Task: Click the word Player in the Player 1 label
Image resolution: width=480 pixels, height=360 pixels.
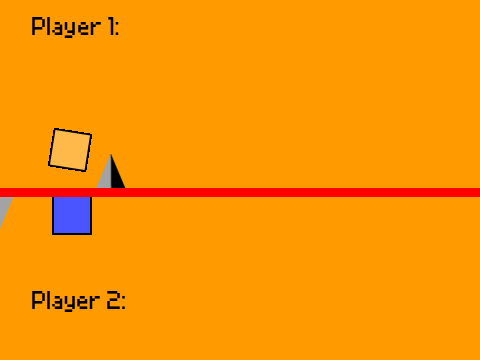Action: (x=66, y=27)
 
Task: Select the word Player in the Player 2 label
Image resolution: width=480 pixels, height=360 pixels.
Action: (x=66, y=301)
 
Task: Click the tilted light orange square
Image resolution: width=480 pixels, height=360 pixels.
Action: (x=70, y=150)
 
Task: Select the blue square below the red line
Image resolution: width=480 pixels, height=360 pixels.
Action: (x=72, y=215)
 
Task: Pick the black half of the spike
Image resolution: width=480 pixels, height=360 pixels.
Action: (x=117, y=175)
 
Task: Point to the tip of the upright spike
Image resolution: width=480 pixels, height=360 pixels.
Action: (x=111, y=154)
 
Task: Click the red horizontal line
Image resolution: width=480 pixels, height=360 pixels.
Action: (x=240, y=192)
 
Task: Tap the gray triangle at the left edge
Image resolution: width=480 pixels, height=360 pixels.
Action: (x=4, y=207)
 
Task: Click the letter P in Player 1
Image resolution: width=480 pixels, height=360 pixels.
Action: (x=37, y=26)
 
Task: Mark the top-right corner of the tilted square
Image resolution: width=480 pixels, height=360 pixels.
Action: (x=91, y=135)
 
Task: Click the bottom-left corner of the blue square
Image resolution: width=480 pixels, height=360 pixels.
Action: (x=53, y=234)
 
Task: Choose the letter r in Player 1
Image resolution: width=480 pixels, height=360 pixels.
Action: (x=95, y=29)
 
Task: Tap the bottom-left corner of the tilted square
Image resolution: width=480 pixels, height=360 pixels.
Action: (x=49, y=165)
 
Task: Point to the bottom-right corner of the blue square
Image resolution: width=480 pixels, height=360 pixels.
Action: (x=91, y=234)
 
